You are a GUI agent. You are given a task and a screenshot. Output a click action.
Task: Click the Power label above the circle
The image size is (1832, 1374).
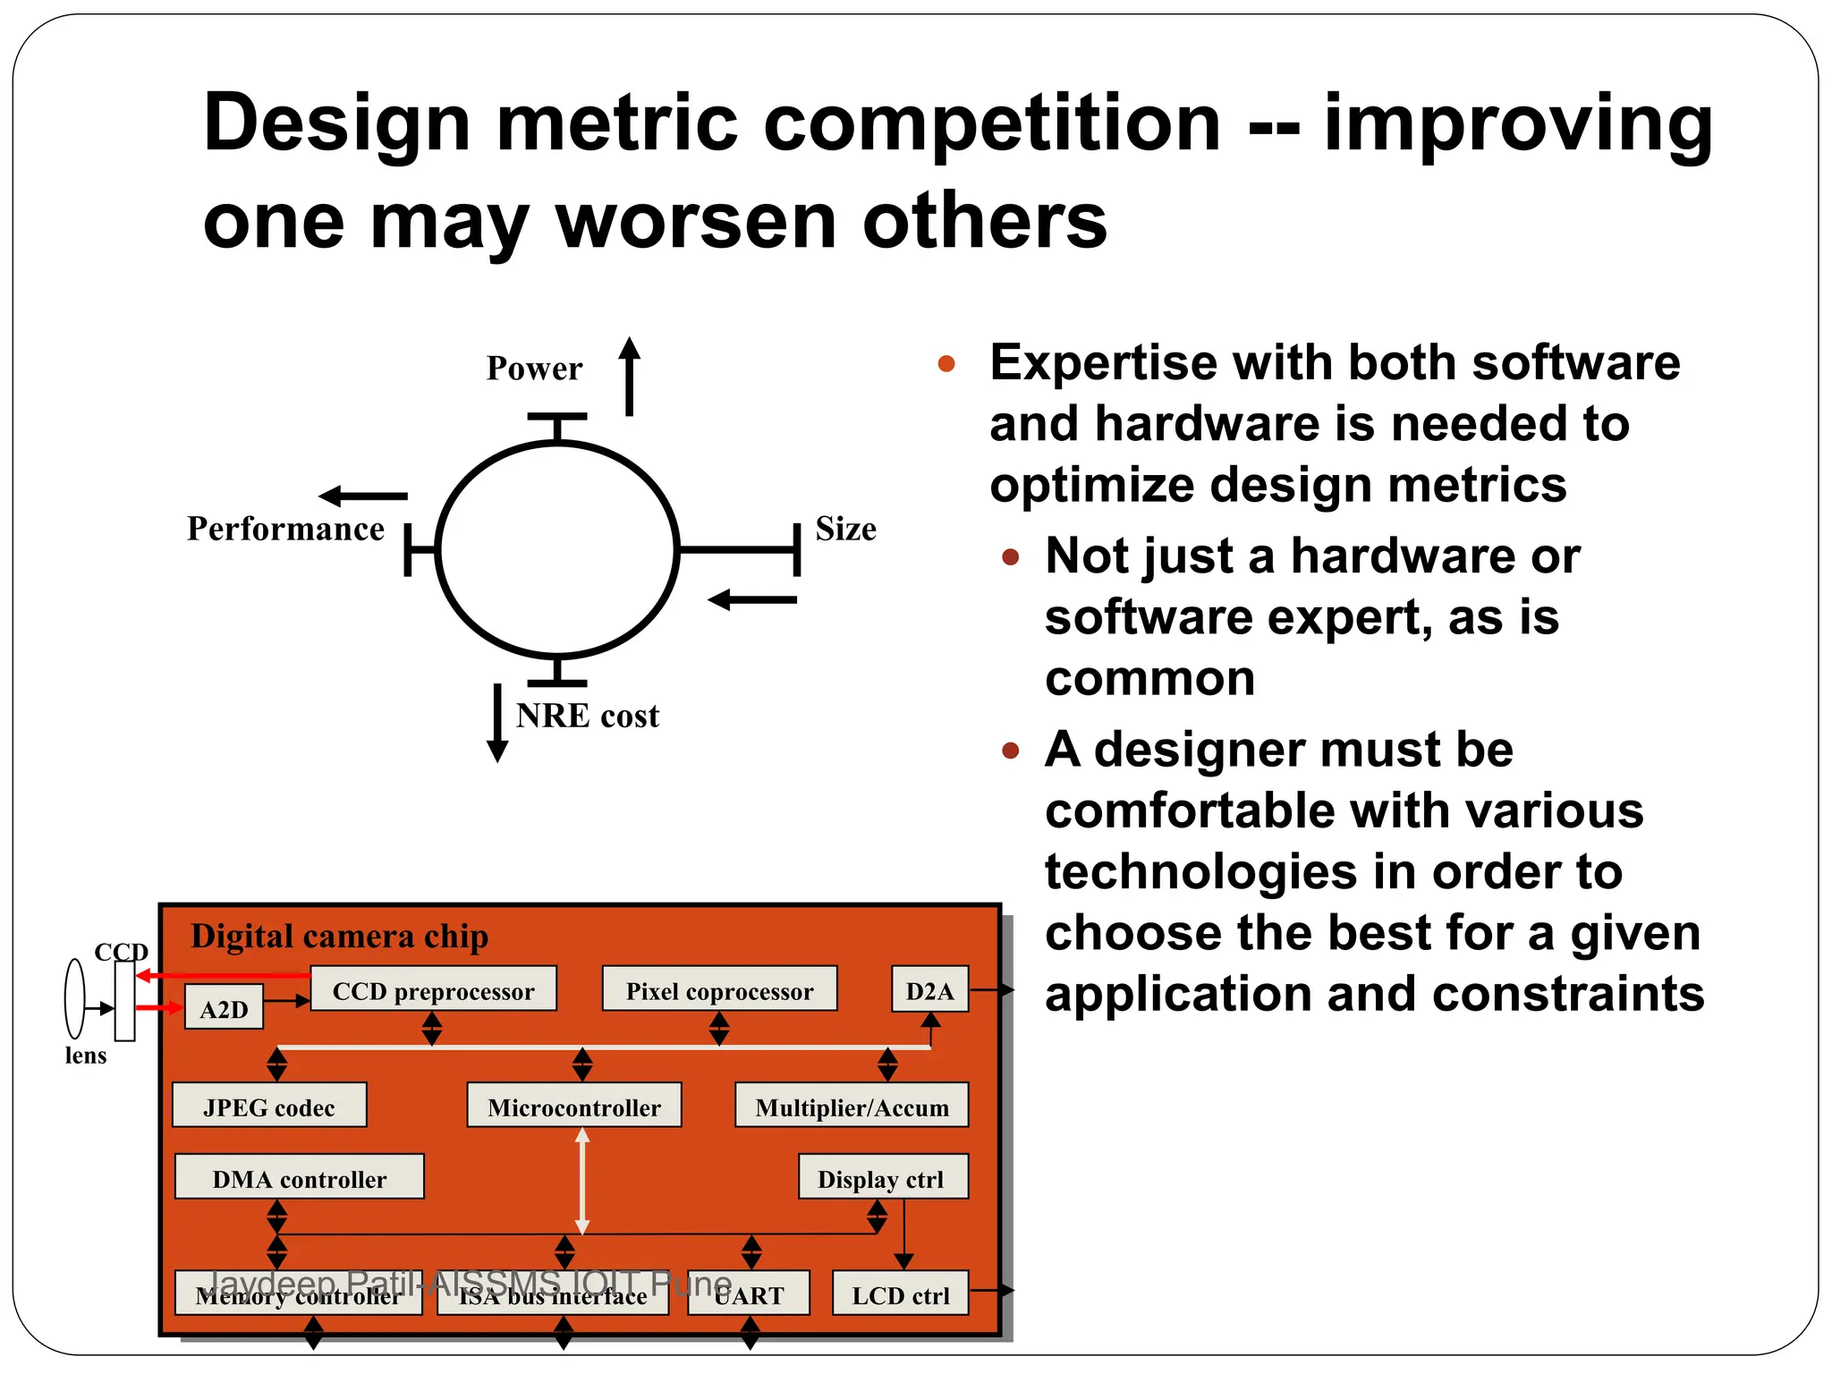click(534, 369)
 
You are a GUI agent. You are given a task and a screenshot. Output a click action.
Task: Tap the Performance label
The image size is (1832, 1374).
click(285, 529)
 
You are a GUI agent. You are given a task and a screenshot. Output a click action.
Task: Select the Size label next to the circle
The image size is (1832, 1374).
click(845, 529)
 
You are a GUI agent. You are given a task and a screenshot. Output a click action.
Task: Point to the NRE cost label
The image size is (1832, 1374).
click(588, 716)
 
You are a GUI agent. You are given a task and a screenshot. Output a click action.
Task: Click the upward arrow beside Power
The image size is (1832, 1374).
click(630, 377)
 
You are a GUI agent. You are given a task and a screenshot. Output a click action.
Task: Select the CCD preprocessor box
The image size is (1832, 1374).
click(433, 989)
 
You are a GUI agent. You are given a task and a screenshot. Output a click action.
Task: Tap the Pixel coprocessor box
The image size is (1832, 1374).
click(719, 989)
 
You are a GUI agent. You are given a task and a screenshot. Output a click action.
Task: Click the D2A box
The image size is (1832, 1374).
click(929, 989)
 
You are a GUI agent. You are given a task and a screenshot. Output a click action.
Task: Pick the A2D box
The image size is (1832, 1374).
click(224, 1008)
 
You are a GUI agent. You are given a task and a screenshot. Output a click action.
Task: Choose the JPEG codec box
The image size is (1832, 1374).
click(269, 1106)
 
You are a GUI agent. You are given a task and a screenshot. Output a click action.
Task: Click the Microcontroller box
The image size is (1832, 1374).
click(573, 1106)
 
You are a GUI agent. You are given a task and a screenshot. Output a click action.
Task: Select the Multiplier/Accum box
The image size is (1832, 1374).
click(852, 1106)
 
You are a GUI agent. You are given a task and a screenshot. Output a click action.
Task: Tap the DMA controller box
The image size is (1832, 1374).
click(299, 1177)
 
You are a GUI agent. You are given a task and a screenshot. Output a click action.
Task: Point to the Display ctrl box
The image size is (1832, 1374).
click(882, 1177)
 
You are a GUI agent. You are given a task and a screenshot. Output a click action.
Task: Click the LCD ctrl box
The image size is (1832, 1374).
click(900, 1293)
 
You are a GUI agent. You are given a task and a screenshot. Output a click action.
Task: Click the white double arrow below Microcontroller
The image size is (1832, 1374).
click(582, 1181)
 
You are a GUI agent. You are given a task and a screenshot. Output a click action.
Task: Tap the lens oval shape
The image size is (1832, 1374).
click(75, 999)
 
